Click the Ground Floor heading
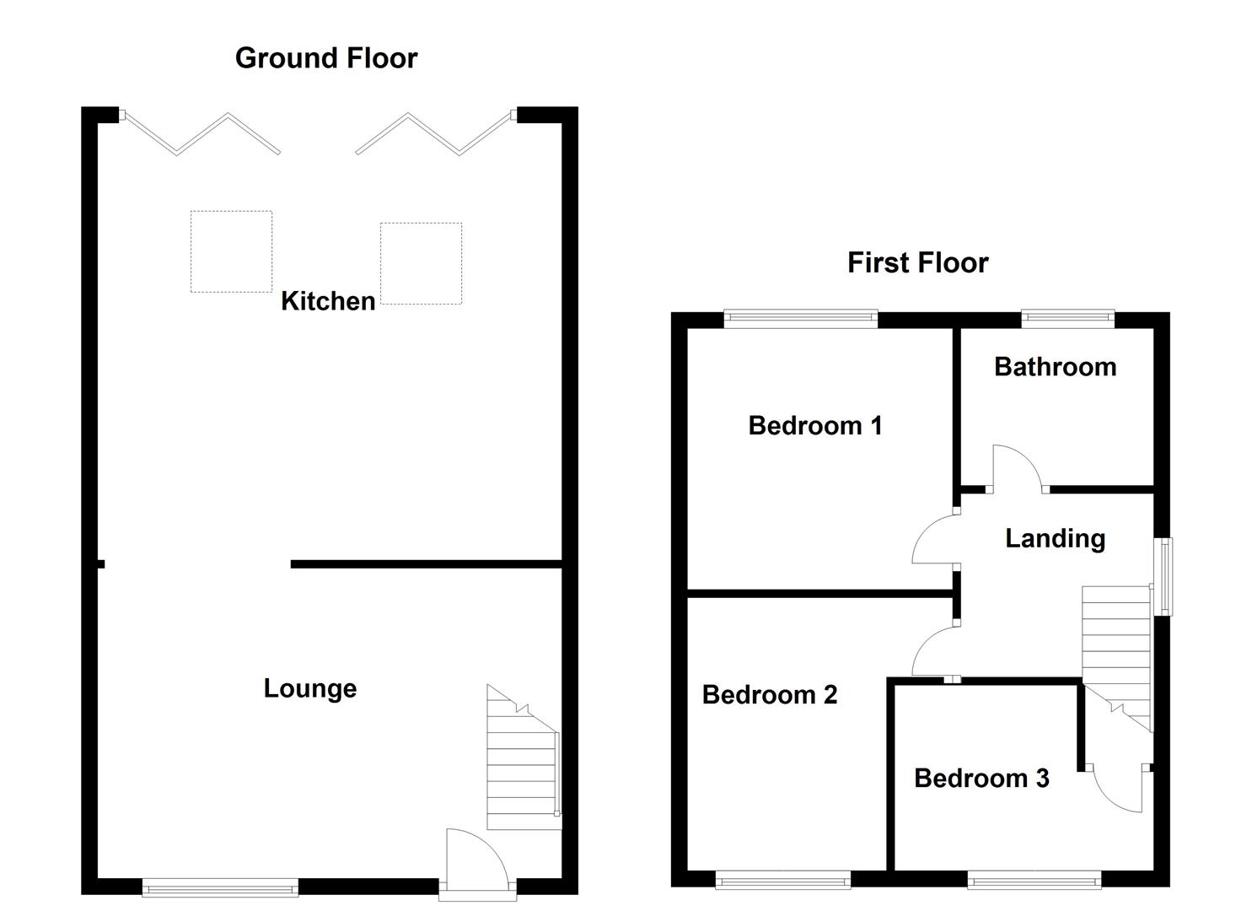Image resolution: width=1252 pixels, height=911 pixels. [x=326, y=58]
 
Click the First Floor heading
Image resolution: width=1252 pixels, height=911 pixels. [x=917, y=262]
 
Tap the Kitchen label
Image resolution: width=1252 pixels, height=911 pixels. [x=328, y=301]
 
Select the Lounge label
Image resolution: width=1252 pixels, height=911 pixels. [x=310, y=688]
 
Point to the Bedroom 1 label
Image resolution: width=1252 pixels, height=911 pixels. [x=814, y=425]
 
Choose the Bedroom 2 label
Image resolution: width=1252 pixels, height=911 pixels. [x=769, y=694]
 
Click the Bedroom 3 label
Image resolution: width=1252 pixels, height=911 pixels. [x=981, y=778]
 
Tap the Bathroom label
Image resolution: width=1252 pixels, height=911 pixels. [x=1055, y=367]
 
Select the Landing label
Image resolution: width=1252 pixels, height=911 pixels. [x=1055, y=538]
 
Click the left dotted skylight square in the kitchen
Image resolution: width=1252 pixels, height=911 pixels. [x=231, y=251]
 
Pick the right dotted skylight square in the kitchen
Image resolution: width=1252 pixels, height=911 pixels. [x=421, y=263]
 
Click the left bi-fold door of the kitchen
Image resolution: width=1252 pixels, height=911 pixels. [x=201, y=133]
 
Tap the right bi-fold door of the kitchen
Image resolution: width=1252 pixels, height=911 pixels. [x=434, y=133]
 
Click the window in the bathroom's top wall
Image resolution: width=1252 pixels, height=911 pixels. [x=1067, y=318]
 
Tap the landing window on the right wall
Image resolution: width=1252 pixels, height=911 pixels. [x=1162, y=576]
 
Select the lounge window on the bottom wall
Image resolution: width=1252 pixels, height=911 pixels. [x=220, y=887]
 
